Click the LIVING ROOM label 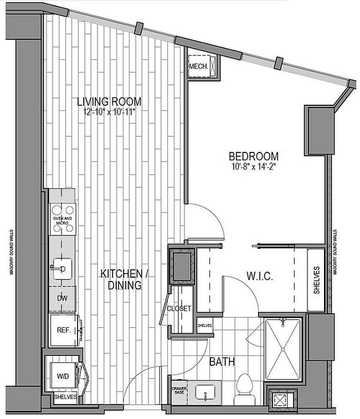[109, 101]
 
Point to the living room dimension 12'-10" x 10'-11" [109, 111]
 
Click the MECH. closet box [199, 67]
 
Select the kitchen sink [60, 269]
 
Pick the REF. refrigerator [63, 330]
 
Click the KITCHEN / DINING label [126, 280]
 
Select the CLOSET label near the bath [179, 308]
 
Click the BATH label [222, 362]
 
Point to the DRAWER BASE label [178, 391]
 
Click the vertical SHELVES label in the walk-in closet [317, 280]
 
